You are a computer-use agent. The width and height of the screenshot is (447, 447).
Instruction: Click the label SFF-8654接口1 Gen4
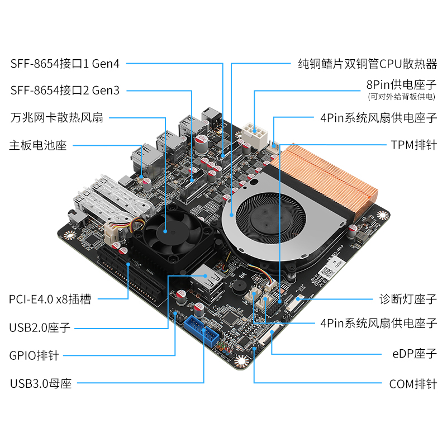pyautogui.click(x=65, y=64)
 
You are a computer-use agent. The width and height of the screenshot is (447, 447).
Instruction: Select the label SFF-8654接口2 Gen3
pyautogui.click(x=65, y=91)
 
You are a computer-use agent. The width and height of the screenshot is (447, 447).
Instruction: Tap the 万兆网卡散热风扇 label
pyautogui.click(x=57, y=117)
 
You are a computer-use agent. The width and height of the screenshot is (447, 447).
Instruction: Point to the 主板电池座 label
pyautogui.click(x=38, y=145)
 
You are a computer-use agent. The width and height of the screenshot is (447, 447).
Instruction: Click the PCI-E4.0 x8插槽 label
pyautogui.click(x=50, y=299)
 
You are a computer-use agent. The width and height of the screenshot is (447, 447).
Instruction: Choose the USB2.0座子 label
pyautogui.click(x=40, y=327)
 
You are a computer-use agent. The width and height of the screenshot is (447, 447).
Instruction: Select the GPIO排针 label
pyautogui.click(x=34, y=355)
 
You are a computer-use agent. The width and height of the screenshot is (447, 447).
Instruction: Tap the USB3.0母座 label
pyautogui.click(x=41, y=383)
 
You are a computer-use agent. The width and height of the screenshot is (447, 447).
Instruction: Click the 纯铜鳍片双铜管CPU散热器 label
pyautogui.click(x=368, y=64)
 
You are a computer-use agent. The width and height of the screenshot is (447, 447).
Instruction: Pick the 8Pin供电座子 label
pyautogui.click(x=401, y=85)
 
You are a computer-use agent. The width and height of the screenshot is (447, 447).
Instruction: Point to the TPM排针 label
pyautogui.click(x=414, y=145)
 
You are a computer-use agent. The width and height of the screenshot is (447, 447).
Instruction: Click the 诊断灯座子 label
pyautogui.click(x=408, y=299)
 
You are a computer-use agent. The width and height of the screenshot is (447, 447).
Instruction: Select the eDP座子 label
pyautogui.click(x=415, y=354)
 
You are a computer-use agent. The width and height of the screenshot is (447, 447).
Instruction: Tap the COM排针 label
pyautogui.click(x=413, y=384)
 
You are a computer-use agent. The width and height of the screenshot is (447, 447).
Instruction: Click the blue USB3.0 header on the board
pyautogui.click(x=202, y=331)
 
